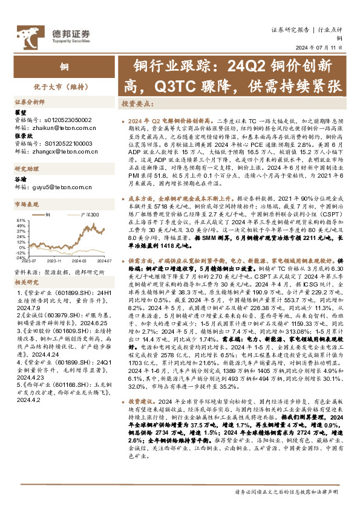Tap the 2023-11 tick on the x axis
pyautogui.click(x=56, y=260)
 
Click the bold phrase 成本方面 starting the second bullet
pyautogui.click(x=140, y=198)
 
